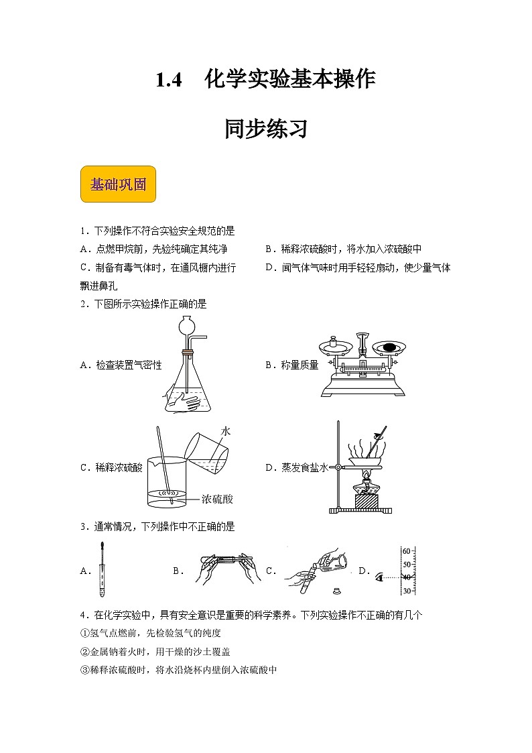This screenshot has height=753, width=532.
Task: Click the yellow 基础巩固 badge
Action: click(118, 184)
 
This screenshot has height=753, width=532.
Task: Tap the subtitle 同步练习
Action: click(266, 129)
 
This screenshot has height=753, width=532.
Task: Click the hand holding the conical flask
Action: click(180, 402)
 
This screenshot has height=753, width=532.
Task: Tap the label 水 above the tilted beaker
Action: click(226, 432)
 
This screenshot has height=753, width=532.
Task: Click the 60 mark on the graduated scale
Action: click(406, 551)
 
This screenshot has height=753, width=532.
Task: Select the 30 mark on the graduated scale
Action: click(406, 591)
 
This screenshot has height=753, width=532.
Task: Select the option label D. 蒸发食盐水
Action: click(296, 468)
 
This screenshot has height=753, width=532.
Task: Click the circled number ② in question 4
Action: click(84, 651)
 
